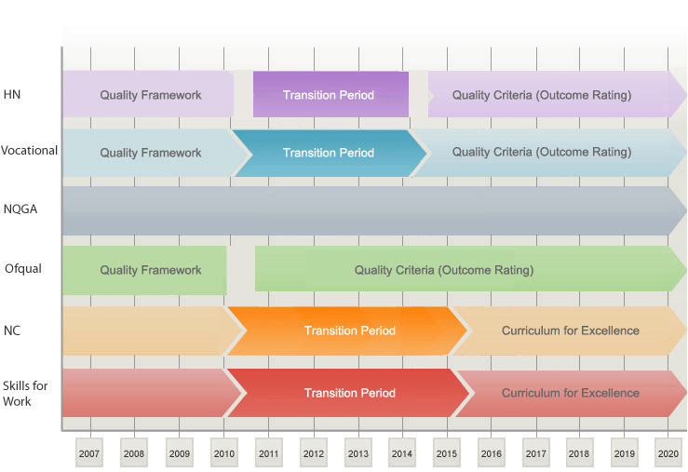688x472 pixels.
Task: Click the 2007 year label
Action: pos(89,453)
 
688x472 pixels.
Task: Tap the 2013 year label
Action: pos(358,453)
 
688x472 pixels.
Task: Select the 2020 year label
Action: pos(668,453)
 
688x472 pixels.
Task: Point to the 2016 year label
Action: pos(491,453)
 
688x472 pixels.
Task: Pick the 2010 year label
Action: pos(223,453)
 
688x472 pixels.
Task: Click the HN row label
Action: pos(12,94)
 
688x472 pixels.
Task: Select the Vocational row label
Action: pos(29,151)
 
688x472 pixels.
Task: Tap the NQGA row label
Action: pos(20,209)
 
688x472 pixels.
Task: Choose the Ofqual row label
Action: pos(23,268)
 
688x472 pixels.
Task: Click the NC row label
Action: pos(12,330)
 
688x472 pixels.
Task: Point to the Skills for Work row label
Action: pos(25,393)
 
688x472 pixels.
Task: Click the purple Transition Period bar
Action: pos(331,94)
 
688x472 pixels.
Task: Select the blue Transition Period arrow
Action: pos(329,153)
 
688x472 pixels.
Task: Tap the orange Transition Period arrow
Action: pos(346,330)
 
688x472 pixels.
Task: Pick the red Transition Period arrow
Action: pos(348,393)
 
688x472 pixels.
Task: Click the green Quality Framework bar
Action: pos(144,270)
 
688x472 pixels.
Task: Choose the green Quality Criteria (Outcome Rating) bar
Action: pos(470,269)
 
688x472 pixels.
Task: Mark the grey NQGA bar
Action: pos(374,211)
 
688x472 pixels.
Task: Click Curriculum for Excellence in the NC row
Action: pos(570,330)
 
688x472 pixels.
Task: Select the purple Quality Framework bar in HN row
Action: pos(148,94)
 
